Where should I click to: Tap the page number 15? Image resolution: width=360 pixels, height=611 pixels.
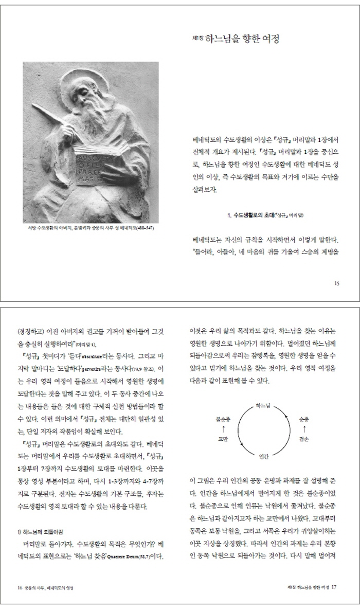(x=336, y=283)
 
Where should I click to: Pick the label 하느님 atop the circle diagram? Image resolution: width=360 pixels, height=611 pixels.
(x=262, y=405)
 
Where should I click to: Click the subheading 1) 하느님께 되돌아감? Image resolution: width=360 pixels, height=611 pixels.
(x=43, y=530)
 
